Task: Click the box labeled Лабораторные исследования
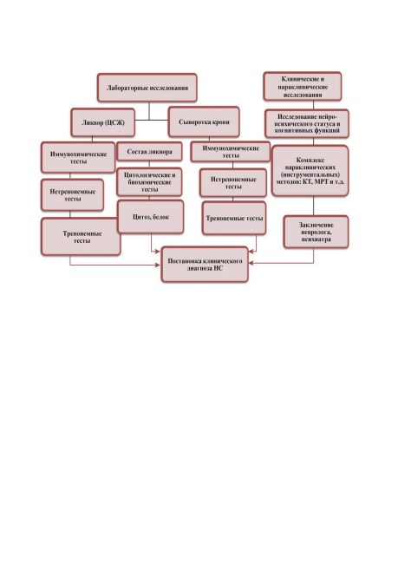[x=147, y=88]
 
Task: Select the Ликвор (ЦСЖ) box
[x=103, y=122]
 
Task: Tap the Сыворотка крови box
[x=204, y=122]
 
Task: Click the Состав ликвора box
[x=149, y=152]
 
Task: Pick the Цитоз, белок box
[x=151, y=217]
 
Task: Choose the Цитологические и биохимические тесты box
[x=149, y=182]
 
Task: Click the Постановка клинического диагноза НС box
[x=205, y=265]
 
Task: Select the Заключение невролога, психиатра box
[x=316, y=232]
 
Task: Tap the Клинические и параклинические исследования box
[x=303, y=86]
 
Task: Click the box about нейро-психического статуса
[x=307, y=124]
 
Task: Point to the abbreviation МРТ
[x=321, y=181]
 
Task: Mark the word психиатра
[x=316, y=239]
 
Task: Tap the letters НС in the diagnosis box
[x=219, y=268]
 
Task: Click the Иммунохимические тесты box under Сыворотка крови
[x=231, y=152]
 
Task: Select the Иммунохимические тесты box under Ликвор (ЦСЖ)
[x=78, y=158]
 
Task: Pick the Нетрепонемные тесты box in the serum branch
[x=233, y=183]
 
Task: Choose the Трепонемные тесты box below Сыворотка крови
[x=234, y=219]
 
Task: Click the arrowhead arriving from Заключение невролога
[x=251, y=263]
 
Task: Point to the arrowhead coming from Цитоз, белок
[x=157, y=252]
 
